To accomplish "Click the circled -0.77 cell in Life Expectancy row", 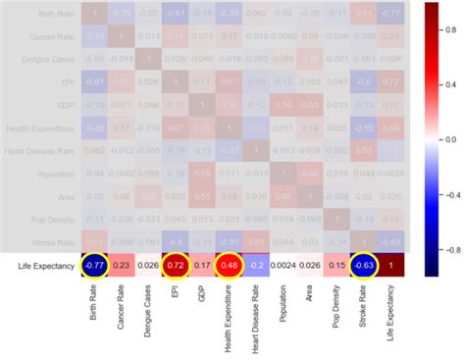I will coord(95,264).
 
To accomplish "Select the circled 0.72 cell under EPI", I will coord(175,264).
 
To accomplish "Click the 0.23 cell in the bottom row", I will coord(122,264).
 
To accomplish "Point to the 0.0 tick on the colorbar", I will coord(448,139).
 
